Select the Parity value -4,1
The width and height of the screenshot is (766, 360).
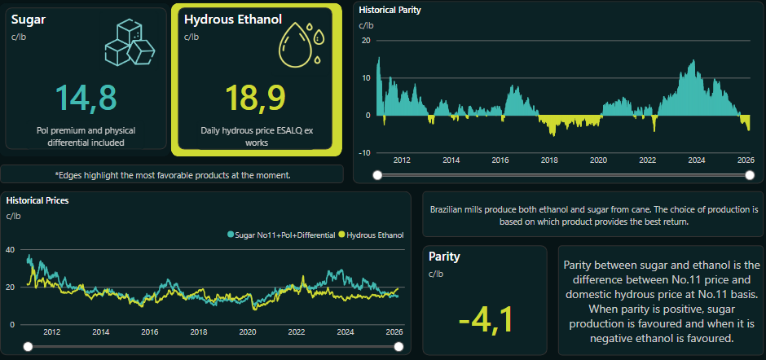tap(486, 318)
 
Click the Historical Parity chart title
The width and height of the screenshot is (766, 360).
tap(390, 11)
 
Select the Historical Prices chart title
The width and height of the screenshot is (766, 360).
tap(37, 200)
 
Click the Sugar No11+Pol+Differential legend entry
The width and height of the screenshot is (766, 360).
tap(282, 235)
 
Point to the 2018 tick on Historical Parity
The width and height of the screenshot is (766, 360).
tap(549, 160)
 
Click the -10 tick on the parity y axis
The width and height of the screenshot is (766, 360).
tap(366, 152)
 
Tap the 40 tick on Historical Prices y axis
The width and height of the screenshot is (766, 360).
tap(11, 250)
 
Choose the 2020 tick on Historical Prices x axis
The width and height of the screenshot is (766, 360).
tap(247, 332)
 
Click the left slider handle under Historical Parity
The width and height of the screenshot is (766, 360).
tap(376, 175)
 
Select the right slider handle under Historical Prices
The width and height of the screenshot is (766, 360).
tap(399, 347)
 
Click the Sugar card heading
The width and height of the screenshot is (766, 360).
tap(28, 19)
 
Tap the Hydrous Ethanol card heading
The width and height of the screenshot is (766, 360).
tap(233, 19)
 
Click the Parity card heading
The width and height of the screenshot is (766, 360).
tap(444, 257)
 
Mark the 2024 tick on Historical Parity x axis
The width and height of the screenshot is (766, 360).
tap(696, 160)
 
